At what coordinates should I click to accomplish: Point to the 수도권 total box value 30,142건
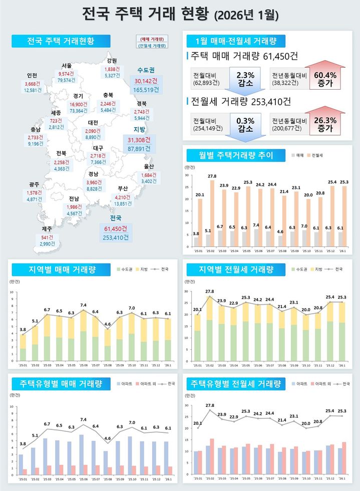[146, 81]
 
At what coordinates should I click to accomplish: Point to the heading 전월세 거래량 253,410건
[241, 102]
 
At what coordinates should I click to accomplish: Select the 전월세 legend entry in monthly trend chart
[315, 156]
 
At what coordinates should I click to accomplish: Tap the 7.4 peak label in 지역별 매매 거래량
[83, 305]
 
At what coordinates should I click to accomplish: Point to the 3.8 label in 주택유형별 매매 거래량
[23, 444]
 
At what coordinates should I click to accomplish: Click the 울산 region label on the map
[148, 166]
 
